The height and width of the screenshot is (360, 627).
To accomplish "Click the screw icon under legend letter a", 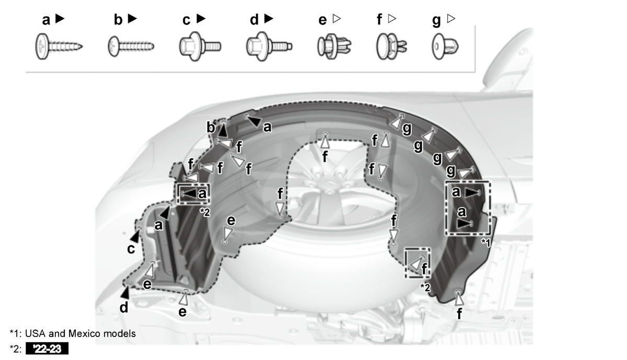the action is (59, 47).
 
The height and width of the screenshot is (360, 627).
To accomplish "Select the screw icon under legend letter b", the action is (131, 46).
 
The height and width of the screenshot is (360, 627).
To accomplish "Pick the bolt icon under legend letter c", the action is (200, 46).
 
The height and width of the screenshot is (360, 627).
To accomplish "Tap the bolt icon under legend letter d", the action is (269, 46).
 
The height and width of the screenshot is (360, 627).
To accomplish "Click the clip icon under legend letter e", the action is (334, 47).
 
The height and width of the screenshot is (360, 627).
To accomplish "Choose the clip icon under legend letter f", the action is (391, 47).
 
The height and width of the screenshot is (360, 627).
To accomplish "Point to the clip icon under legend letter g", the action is (445, 47).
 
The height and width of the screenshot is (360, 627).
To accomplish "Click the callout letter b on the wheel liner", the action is (211, 127).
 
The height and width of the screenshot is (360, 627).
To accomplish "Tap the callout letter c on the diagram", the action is (131, 249).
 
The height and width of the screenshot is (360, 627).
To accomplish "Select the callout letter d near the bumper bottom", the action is (124, 307).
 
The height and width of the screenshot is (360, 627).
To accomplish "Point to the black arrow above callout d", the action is (125, 292).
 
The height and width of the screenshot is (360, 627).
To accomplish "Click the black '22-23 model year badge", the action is (47, 349).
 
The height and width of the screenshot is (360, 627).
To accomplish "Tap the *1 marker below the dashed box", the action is (486, 243).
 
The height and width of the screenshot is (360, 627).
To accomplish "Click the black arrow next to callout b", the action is (223, 130).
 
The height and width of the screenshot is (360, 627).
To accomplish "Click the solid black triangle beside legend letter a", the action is (60, 19).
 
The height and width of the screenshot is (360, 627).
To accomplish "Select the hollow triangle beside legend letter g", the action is (450, 19).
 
